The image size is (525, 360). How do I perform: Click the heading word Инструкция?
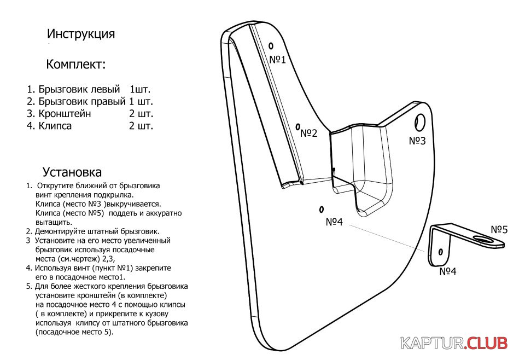pos(81,34)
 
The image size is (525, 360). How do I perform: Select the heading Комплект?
pos(76,64)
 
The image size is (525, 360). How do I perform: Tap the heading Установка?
pos(72,172)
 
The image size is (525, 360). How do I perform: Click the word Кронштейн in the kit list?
pos(65,113)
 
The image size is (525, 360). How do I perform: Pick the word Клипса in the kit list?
pos(55,126)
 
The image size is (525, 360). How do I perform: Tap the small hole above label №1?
pos(271,45)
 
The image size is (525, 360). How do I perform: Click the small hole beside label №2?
pos(297,127)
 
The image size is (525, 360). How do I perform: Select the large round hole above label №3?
pos(420,123)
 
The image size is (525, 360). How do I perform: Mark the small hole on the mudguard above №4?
pos(322,210)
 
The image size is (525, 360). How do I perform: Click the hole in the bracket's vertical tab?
pos(441,252)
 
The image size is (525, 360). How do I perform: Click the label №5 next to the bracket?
pos(499,230)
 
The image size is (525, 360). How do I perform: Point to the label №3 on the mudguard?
pos(417,141)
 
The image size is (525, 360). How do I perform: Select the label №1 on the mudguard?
pos(278,60)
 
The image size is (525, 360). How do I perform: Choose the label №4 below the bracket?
pos(448,271)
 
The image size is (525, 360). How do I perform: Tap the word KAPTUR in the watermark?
pos(432,343)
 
